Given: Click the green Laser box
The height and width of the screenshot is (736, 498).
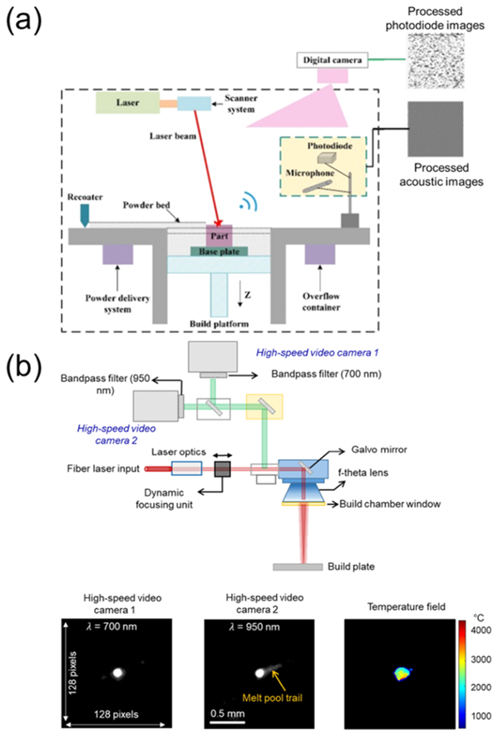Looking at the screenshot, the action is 128,103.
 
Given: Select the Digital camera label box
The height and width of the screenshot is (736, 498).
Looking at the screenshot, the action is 333,60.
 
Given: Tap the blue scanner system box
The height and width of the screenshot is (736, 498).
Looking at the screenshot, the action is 194,103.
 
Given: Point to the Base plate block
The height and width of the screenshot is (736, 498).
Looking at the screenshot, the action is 219,252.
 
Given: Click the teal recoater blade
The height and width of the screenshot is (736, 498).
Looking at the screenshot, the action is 85,215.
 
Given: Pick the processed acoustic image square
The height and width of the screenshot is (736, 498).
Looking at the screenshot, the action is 435,129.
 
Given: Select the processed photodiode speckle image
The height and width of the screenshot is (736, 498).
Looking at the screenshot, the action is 435,61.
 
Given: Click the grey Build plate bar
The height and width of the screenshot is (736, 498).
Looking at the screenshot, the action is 298,567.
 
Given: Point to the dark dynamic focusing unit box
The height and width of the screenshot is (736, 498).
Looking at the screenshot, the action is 223,469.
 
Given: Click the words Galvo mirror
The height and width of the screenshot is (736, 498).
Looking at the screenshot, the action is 379,449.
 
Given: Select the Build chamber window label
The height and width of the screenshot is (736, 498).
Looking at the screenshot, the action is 390,504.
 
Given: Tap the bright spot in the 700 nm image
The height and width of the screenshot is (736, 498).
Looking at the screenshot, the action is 118,672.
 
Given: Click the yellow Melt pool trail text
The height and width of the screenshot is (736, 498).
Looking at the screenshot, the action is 272,698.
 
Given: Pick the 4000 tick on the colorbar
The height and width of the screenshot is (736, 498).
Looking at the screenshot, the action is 481,630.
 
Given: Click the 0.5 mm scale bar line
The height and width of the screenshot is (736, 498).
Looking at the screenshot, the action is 228,721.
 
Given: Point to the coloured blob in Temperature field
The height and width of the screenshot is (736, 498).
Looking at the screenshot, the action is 402,674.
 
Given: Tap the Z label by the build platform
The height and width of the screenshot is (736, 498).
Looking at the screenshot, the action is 247,295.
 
